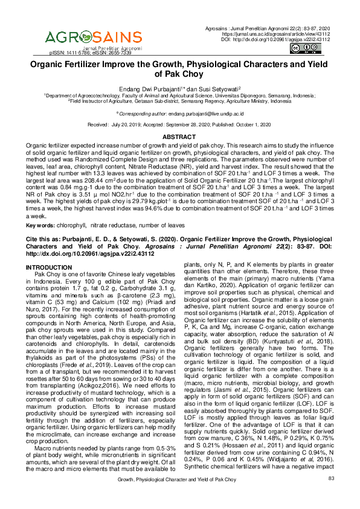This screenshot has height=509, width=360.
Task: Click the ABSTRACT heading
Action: pyautogui.click(x=179, y=137)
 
